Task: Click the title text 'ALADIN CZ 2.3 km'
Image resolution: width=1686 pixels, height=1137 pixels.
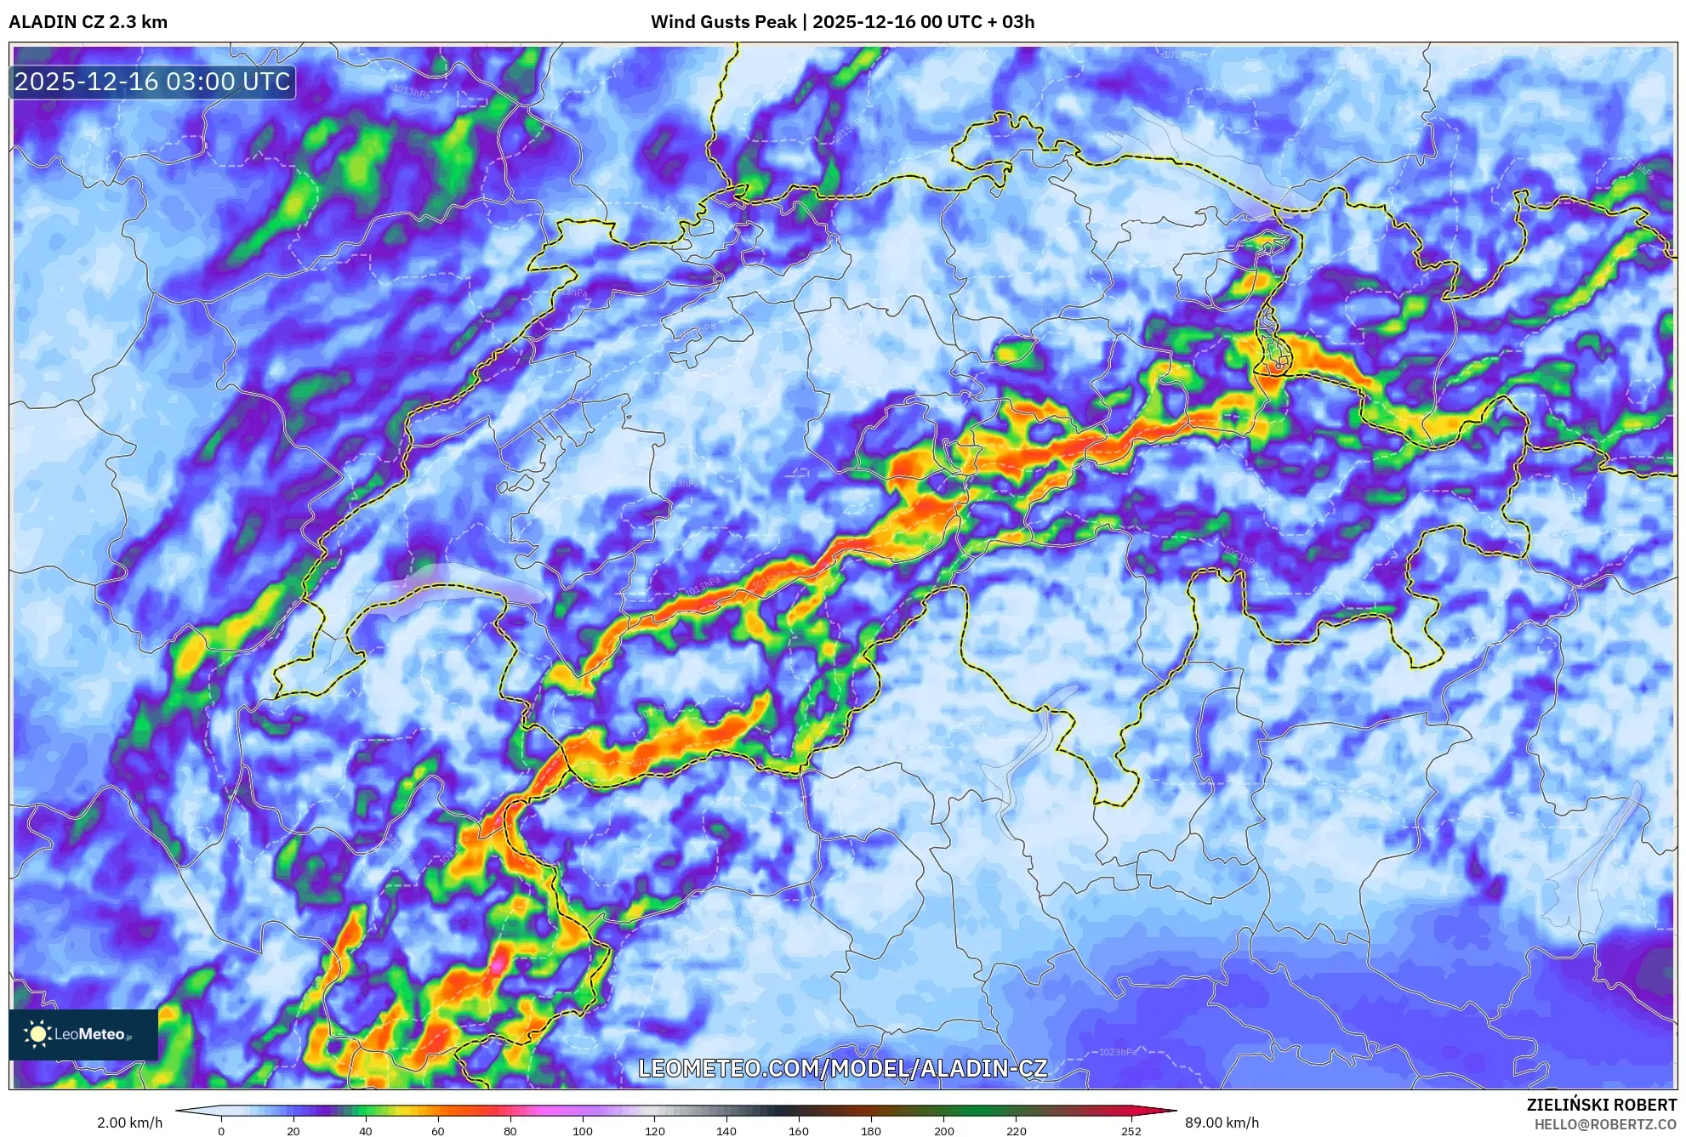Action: click(88, 22)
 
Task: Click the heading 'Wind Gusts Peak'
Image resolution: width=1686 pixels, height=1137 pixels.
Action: click(723, 22)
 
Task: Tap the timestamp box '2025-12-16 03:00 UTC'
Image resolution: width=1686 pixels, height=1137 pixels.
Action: click(153, 82)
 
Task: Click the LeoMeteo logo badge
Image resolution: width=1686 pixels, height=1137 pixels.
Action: click(83, 1034)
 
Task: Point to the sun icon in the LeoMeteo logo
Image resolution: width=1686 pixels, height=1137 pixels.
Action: click(37, 1034)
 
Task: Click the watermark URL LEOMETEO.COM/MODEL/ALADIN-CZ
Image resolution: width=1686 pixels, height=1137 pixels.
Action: click(842, 1068)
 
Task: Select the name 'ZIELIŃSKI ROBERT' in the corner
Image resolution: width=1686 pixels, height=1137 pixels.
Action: click(1602, 1105)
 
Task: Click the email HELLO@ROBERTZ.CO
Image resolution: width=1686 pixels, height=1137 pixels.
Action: click(1605, 1124)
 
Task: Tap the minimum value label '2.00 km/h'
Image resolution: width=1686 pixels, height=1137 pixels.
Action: click(129, 1123)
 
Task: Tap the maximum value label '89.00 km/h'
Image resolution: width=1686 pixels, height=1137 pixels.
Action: click(1222, 1123)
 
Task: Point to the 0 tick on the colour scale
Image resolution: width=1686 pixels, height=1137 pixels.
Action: click(221, 1131)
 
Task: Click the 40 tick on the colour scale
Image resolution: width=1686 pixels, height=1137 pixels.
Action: click(366, 1131)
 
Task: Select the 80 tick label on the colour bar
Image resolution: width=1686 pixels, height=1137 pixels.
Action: click(510, 1131)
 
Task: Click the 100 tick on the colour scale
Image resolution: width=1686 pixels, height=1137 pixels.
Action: click(582, 1131)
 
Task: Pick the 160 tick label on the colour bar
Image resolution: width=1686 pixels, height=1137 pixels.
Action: click(799, 1131)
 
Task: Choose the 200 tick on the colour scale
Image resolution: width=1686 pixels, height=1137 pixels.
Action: click(943, 1131)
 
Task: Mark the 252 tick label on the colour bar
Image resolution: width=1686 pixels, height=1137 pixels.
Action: click(1131, 1131)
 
